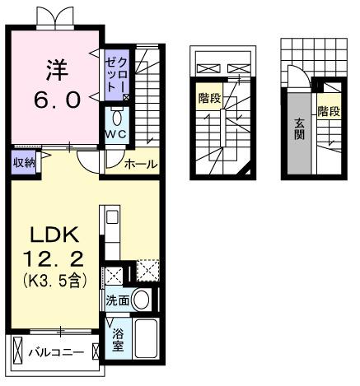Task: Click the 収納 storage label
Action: (23, 163)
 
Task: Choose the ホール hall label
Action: (141, 165)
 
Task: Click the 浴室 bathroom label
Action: (119, 338)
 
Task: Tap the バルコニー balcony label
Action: (56, 353)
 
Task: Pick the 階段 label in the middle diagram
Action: (209, 99)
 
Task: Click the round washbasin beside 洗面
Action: (143, 299)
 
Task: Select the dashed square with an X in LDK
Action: (148, 271)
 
